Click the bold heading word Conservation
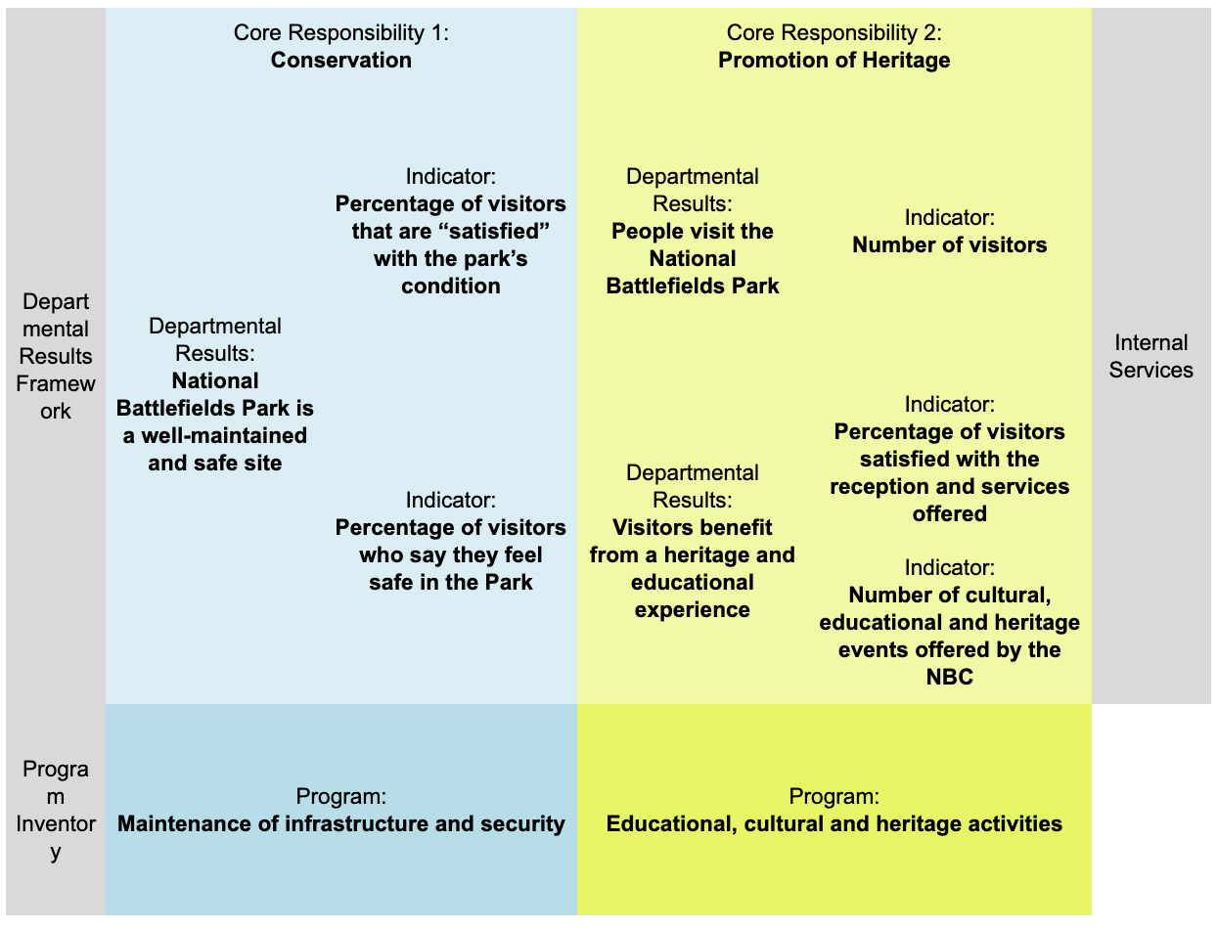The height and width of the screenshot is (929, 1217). pos(341,60)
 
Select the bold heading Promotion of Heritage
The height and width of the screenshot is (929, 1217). pos(834,60)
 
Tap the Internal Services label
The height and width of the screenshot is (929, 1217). pos(1151,356)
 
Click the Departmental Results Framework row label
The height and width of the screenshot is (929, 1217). pos(56,356)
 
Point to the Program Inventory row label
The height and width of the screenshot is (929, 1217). pos(56,810)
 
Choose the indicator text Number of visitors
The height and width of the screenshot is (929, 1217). pos(949,244)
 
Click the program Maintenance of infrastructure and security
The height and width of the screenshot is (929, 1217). pos(341,823)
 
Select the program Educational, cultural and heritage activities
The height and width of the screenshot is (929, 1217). pos(834,823)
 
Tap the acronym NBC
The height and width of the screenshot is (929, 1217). pos(949,677)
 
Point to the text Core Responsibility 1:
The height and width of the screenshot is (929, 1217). pos(341,32)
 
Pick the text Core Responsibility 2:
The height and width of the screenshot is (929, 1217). pos(834,32)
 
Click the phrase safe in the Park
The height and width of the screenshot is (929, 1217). pos(451,582)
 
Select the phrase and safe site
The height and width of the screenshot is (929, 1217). pos(215,464)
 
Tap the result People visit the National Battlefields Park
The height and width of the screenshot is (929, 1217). pos(692,259)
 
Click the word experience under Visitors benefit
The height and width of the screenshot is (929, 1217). pos(692,610)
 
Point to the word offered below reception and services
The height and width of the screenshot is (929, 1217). pos(949,514)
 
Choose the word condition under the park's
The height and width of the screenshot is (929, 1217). pos(451,287)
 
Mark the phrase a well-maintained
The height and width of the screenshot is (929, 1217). pos(215,436)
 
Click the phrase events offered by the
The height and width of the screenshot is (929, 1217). pos(949,649)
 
